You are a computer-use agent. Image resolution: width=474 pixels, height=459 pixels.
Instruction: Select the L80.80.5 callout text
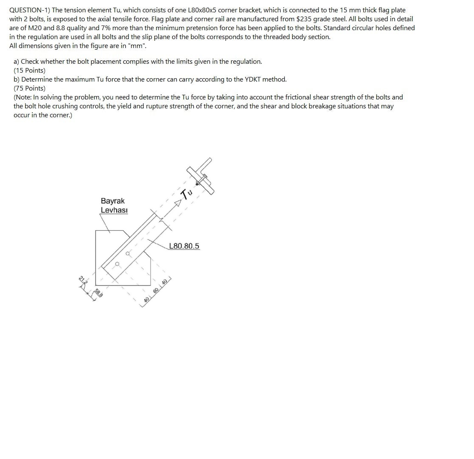184,246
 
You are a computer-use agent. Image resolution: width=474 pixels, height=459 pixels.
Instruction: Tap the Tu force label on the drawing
187,193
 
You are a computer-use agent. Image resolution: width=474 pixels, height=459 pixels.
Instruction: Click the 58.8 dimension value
98,293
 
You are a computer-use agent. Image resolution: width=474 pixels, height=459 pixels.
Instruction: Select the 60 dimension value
156,290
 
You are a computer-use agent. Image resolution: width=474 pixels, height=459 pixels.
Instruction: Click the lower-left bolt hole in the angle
117,264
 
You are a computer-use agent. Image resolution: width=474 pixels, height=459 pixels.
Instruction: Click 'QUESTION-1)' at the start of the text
28,10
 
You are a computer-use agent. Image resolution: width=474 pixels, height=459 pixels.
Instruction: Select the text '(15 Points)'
29,70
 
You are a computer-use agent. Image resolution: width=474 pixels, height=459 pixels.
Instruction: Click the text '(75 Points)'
29,88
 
